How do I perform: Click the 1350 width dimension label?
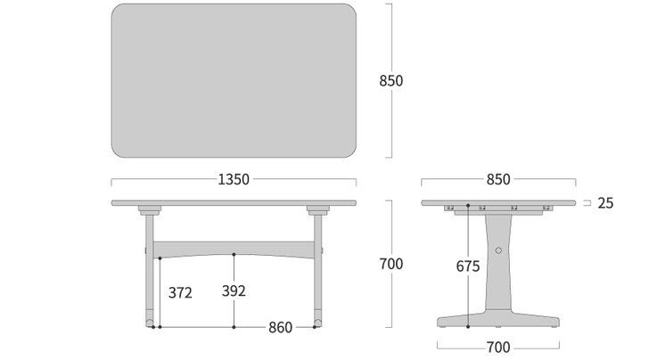click(x=234, y=179)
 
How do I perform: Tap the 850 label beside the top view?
click(x=390, y=80)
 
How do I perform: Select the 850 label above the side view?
click(x=498, y=179)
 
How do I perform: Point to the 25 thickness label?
click(x=605, y=203)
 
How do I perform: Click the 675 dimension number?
click(x=467, y=266)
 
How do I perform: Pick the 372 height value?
click(x=180, y=291)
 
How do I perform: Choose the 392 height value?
click(x=234, y=291)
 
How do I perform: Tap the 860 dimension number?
click(x=280, y=327)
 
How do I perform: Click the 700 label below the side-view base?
click(x=498, y=347)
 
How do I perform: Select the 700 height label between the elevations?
click(x=390, y=264)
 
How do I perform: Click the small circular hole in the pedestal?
click(x=498, y=252)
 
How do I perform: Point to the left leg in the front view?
click(x=149, y=267)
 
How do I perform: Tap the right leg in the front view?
click(x=317, y=267)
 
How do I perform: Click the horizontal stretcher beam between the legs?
click(x=234, y=247)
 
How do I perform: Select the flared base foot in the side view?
click(x=498, y=318)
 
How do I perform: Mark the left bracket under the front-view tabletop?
click(x=149, y=211)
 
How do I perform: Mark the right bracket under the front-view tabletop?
click(x=317, y=211)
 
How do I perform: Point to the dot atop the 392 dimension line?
click(x=234, y=255)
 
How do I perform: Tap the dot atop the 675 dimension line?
click(x=468, y=206)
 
